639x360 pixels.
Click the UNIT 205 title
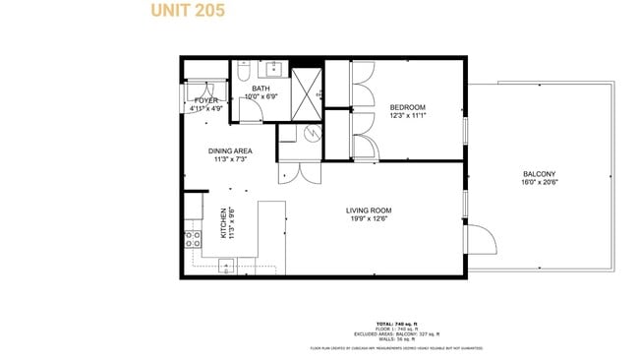click(x=187, y=12)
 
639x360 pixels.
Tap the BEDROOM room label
click(x=407, y=107)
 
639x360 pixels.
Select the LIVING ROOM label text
click(x=369, y=210)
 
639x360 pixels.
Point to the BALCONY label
click(x=541, y=174)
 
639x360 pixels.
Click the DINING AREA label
click(x=230, y=150)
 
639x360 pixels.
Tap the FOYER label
click(x=205, y=100)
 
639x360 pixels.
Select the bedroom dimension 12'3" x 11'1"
click(x=407, y=116)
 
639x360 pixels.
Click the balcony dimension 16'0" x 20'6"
click(x=541, y=182)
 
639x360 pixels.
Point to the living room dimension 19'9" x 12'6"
click(x=369, y=218)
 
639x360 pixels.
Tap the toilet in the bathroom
click(x=242, y=71)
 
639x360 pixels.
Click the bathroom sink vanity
click(x=272, y=70)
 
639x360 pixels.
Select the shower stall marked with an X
click(x=308, y=89)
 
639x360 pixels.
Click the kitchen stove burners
click(x=192, y=242)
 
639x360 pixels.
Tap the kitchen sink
click(x=226, y=265)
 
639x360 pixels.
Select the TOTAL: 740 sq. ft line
click(x=397, y=324)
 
